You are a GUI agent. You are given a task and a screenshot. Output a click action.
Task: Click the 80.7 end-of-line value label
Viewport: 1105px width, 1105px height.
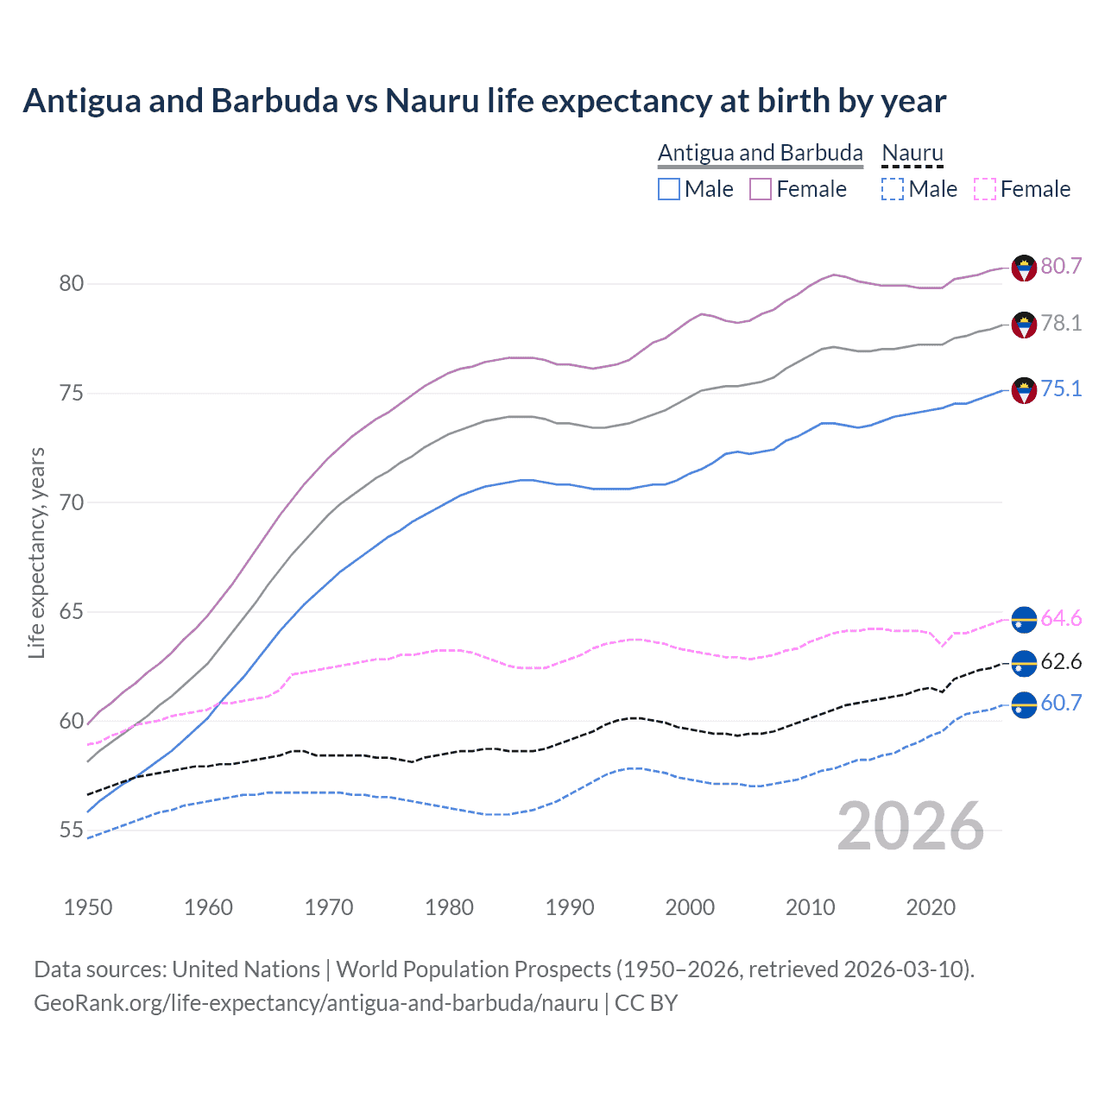(1061, 266)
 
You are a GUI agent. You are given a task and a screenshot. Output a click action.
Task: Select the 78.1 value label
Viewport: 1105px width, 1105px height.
(1061, 323)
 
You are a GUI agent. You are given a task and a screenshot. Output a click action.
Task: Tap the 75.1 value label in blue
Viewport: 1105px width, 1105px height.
(1061, 388)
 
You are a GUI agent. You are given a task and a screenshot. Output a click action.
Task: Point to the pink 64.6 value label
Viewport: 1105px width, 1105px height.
(1061, 618)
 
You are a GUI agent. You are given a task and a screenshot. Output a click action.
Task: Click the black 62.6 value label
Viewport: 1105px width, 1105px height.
(1061, 661)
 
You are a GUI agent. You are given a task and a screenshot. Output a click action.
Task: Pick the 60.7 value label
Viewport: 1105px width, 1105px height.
(1061, 703)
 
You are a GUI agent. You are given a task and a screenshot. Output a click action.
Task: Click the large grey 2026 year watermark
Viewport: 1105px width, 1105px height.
(911, 826)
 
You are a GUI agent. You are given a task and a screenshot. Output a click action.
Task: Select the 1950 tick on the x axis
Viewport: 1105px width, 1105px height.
(88, 907)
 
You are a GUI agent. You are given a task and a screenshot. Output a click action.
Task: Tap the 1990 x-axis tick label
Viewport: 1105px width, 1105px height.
(570, 907)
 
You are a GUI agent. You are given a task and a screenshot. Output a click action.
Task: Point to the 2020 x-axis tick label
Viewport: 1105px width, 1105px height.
(931, 907)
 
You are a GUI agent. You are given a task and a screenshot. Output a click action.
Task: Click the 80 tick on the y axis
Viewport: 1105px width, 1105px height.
(72, 283)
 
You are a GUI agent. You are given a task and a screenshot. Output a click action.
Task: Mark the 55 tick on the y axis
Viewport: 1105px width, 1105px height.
(72, 830)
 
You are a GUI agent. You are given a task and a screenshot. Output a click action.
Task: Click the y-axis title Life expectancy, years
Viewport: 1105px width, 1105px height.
(37, 552)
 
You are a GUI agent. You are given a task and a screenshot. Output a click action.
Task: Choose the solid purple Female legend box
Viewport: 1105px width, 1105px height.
(760, 189)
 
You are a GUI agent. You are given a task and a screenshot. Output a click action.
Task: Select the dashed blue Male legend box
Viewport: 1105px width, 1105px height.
(893, 189)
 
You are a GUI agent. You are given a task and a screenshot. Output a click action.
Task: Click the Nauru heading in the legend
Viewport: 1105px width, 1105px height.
(912, 153)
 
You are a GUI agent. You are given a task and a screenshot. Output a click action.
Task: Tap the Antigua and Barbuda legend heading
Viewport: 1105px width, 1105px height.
(760, 153)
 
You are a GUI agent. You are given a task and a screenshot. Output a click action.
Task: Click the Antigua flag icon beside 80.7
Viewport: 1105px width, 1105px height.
(1024, 268)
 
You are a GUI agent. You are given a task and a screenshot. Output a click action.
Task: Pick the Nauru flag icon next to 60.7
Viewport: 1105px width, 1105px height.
(1024, 704)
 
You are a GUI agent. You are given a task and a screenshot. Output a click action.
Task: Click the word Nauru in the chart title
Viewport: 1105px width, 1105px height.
(432, 101)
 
